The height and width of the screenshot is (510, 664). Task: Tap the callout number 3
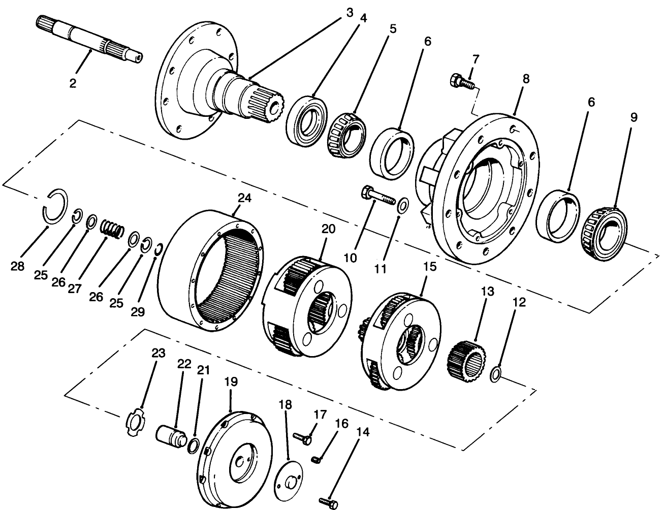349,13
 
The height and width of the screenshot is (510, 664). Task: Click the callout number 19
231,381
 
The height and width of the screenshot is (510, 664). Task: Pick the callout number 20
329,229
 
